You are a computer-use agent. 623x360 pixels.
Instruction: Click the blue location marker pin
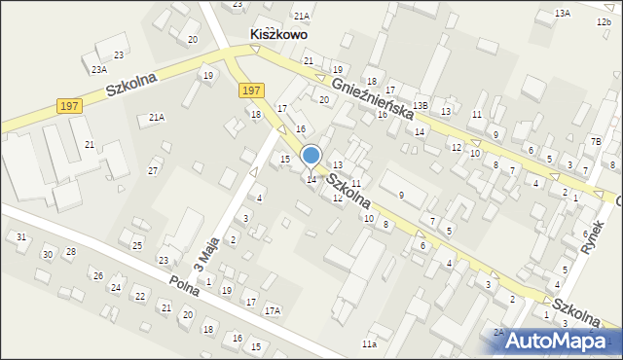311,157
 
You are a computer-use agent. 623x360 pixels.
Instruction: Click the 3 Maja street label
203,252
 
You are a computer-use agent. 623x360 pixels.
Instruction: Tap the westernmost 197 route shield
68,105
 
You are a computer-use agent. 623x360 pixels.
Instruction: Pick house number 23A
99,70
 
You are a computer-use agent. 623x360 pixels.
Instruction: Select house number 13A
562,14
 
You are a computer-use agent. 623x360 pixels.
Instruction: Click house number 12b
605,22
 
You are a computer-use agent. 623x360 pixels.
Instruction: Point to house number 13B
420,104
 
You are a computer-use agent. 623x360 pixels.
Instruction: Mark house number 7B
596,142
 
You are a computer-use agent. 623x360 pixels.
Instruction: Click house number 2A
498,333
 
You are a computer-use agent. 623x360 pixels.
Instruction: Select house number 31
21,237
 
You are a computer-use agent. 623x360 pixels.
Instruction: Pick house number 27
153,171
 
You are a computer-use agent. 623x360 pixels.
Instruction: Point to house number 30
47,254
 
